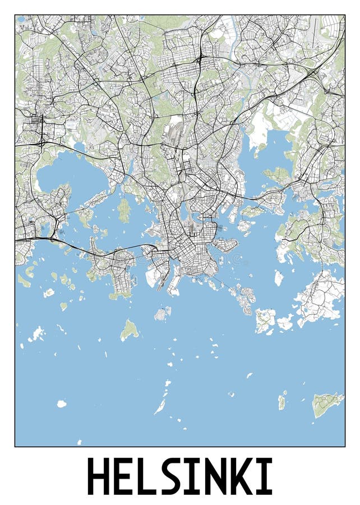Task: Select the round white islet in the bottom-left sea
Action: point(61,403)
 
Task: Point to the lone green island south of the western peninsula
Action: point(130,330)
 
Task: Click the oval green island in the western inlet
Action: point(124,210)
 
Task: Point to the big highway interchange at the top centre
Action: point(200,58)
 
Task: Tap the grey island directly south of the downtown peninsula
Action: point(163,314)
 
